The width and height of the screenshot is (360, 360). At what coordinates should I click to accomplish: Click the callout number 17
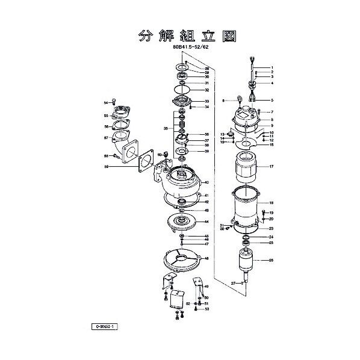[272, 166]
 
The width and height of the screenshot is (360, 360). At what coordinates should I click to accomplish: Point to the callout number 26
[272, 260]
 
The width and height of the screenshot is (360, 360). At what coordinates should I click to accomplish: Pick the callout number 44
[206, 222]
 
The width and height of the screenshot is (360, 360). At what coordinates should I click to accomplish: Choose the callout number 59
[105, 166]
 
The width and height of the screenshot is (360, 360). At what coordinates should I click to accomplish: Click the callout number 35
[166, 129]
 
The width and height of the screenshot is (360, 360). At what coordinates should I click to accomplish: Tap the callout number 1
[272, 67]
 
